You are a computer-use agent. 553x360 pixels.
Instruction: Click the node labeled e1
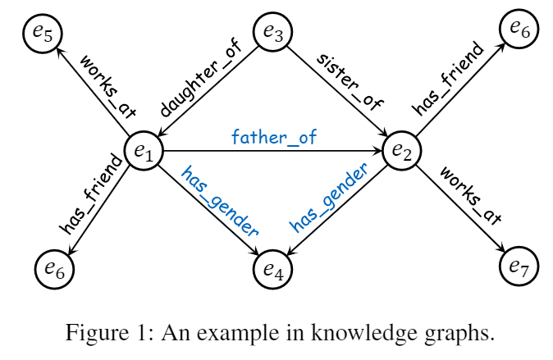[144, 151]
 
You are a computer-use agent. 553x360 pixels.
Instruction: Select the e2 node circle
[402, 151]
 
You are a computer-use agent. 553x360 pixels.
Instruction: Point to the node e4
[273, 267]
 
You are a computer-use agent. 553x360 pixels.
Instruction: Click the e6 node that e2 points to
[519, 29]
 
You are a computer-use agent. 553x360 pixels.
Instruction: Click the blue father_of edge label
[274, 135]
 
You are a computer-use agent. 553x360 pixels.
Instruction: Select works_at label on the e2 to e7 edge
[470, 194]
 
